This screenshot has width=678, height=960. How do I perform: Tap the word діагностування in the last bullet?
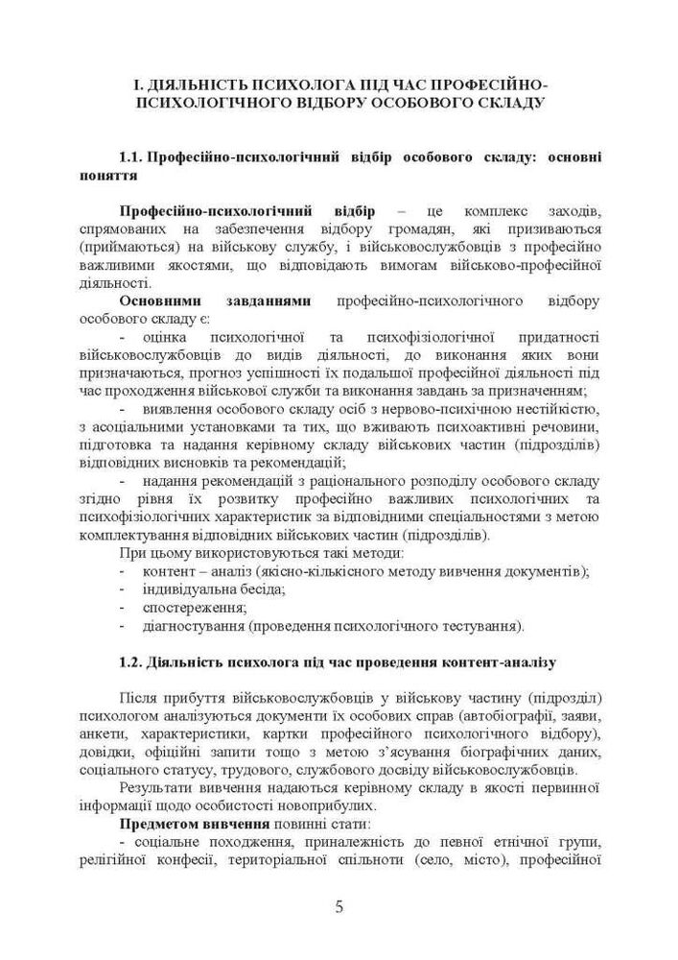191,627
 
